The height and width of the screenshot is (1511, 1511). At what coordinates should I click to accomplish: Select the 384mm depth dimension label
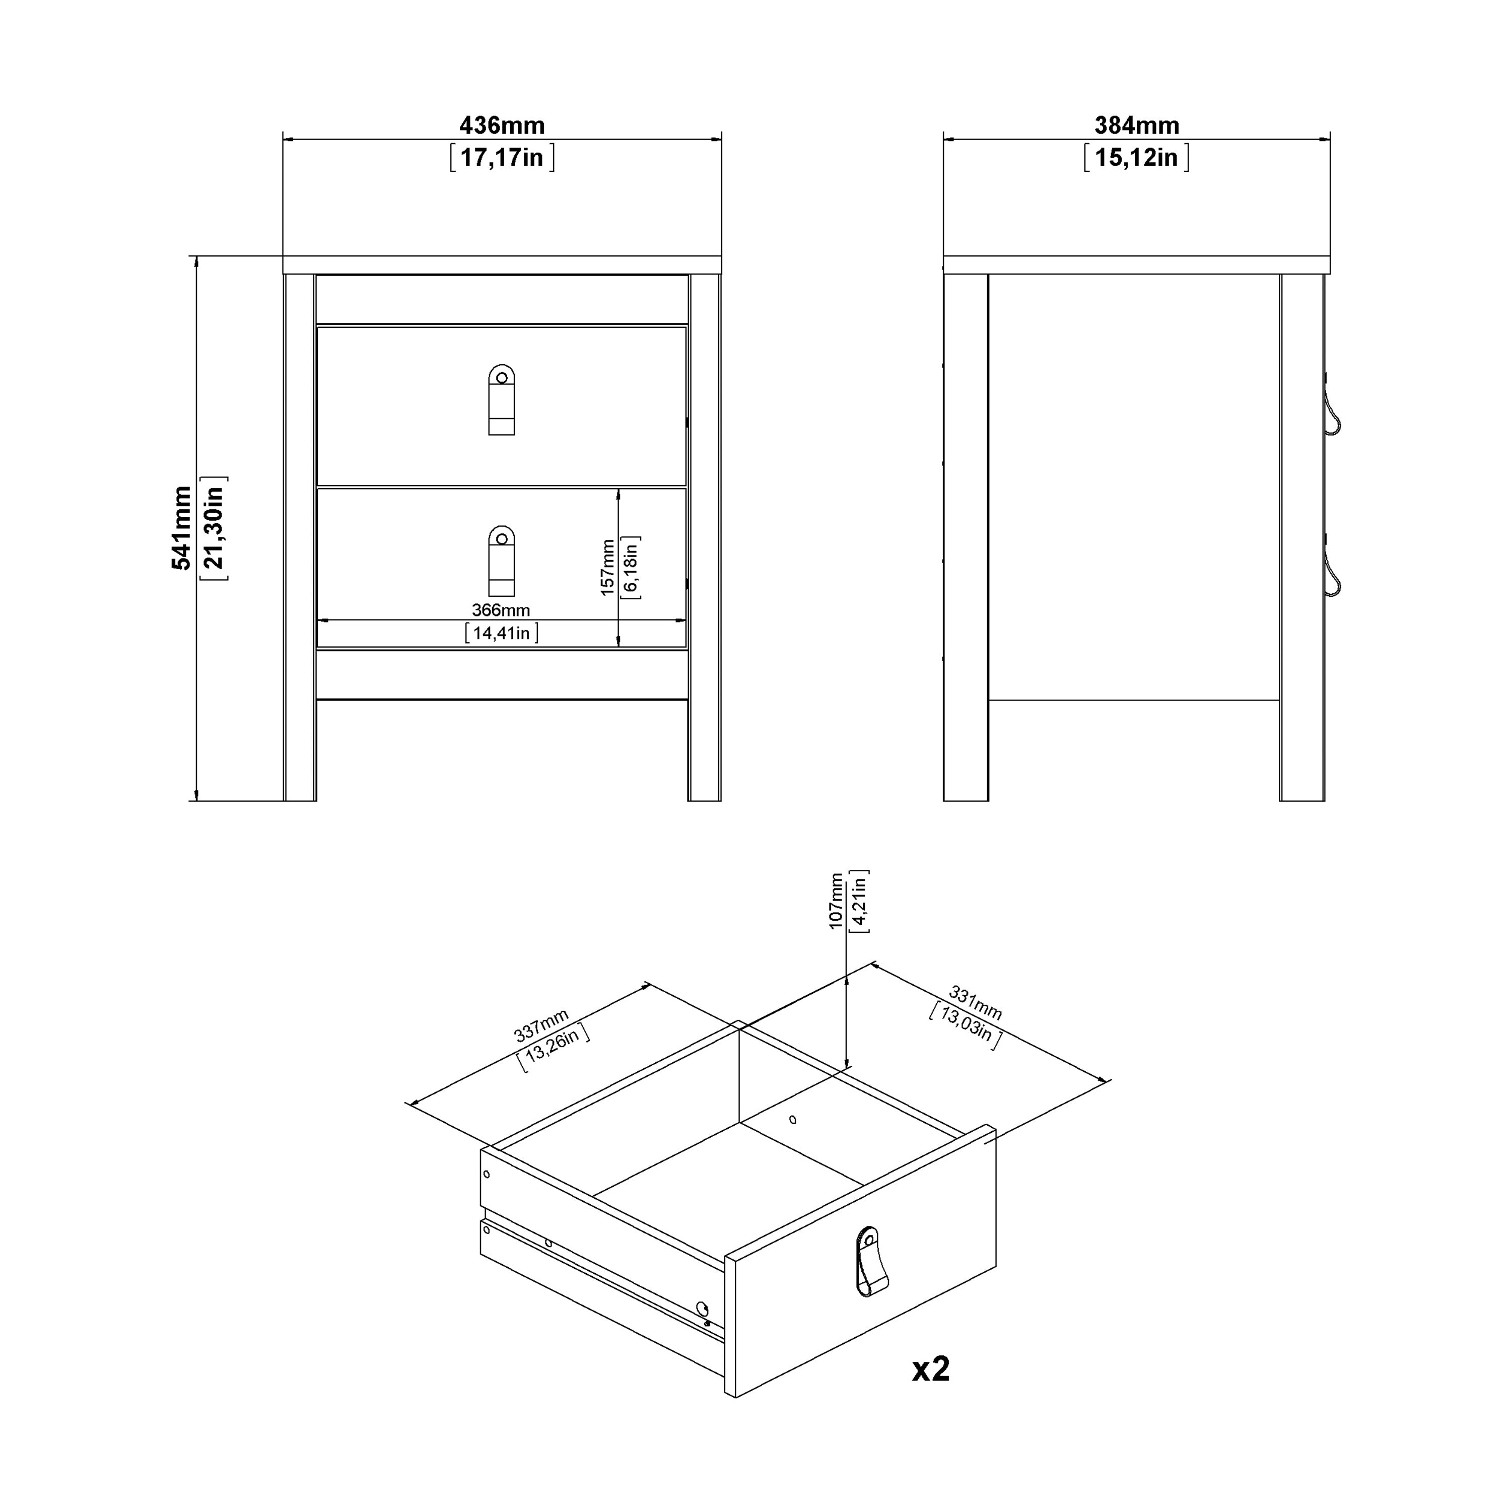[x=1136, y=125]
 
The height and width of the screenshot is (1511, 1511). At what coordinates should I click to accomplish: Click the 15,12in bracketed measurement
[x=1136, y=158]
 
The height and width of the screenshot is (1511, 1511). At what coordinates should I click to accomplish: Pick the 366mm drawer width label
[x=501, y=610]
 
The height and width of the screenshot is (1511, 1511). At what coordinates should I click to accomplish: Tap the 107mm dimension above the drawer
[x=836, y=901]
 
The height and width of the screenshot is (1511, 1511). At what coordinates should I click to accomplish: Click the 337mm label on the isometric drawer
[x=540, y=1025]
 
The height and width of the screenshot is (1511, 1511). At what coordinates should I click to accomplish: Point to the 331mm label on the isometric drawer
[x=975, y=1003]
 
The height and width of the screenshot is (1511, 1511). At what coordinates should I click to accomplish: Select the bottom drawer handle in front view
[x=501, y=562]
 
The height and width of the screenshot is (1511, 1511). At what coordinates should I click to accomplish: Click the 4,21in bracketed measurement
[x=859, y=901]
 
